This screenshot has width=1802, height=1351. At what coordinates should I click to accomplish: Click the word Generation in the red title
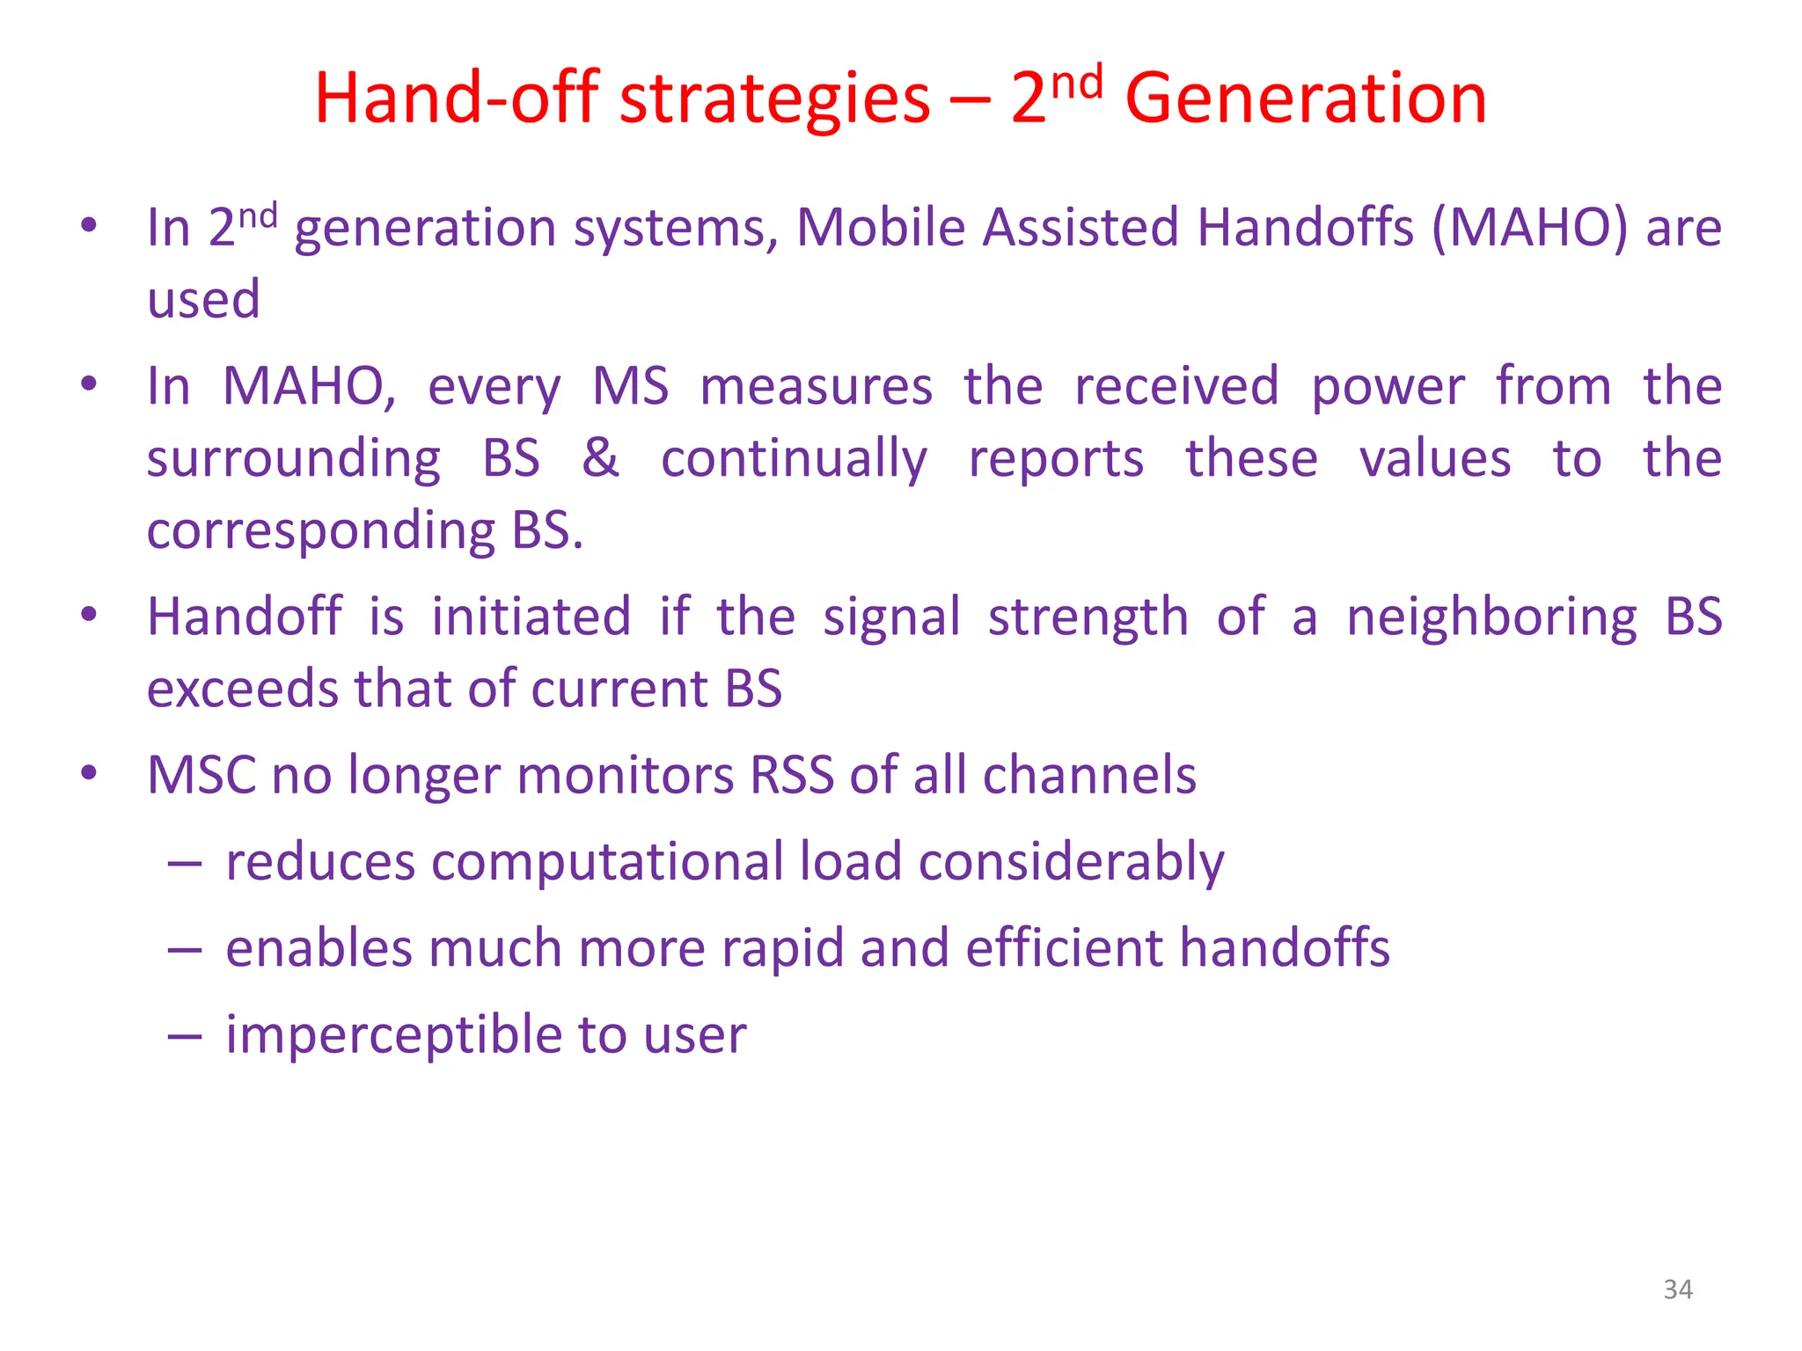pos(1306,99)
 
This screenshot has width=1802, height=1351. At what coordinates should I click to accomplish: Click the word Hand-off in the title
pos(457,99)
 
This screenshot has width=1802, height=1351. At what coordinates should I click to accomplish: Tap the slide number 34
pos(1678,1289)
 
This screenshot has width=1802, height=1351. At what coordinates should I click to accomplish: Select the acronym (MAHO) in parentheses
pos(1529,229)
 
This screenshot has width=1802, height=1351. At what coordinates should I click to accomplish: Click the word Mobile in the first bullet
pos(881,229)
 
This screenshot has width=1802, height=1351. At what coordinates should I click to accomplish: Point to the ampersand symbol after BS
pos(600,458)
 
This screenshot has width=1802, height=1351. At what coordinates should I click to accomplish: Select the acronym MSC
pos(201,776)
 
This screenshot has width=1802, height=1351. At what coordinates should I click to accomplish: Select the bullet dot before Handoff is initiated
pos(88,615)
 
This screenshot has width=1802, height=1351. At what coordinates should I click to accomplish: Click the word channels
pos(1088,776)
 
